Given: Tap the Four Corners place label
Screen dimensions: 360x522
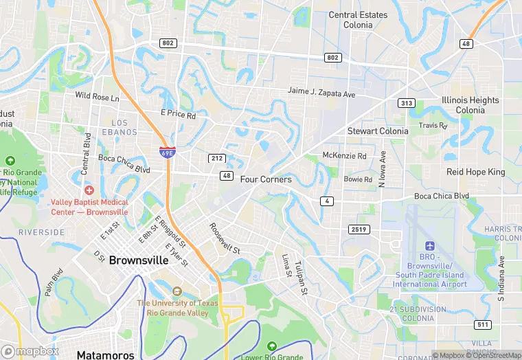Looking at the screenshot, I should [x=266, y=179].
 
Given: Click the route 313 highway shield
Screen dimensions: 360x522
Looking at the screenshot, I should [x=406, y=103].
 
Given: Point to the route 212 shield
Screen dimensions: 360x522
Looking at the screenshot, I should [x=216, y=158].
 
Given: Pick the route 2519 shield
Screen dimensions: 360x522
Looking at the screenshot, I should [x=358, y=229].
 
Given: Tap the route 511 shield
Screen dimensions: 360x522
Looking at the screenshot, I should [x=482, y=324].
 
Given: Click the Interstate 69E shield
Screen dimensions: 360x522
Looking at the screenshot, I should [x=166, y=153].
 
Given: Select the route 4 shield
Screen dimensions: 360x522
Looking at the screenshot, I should [x=326, y=200].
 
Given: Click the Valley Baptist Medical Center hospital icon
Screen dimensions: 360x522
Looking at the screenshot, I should [x=88, y=190].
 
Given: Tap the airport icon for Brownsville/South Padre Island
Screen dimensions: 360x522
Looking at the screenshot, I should [x=430, y=246].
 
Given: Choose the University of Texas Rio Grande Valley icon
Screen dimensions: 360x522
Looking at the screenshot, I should [x=177, y=292].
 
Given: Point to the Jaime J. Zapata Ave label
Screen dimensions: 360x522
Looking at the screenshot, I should [x=321, y=93].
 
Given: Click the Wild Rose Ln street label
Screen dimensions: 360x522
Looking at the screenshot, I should [x=97, y=97].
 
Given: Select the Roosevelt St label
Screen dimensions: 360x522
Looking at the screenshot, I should [x=225, y=238].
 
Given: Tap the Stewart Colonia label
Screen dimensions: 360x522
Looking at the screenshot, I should [x=378, y=131].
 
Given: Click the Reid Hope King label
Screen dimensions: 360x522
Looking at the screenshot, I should [x=475, y=172].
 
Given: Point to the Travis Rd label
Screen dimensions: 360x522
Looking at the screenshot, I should [x=433, y=126].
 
